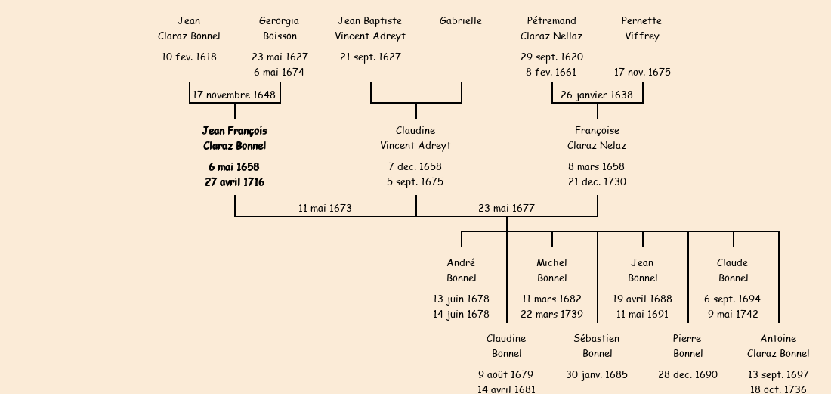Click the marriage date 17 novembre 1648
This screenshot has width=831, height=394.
pyautogui.click(x=234, y=95)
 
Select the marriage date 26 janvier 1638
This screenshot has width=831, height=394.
pyautogui.click(x=597, y=95)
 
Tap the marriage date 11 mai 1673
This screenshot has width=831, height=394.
pyautogui.click(x=325, y=208)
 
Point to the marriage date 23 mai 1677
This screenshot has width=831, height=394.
pyautogui.click(x=506, y=208)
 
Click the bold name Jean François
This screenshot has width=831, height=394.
pyautogui.click(x=234, y=131)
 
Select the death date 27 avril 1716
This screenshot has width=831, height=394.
pyautogui.click(x=234, y=181)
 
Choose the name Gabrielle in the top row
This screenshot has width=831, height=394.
pyautogui.click(x=461, y=21)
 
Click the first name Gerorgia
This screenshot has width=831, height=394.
pyautogui.click(x=279, y=21)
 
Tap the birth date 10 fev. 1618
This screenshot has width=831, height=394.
pyautogui.click(x=189, y=57)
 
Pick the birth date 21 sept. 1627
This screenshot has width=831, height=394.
pyautogui.click(x=370, y=57)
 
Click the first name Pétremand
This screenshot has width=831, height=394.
pyautogui.click(x=551, y=21)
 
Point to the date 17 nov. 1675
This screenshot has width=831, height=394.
pyautogui.click(x=642, y=73)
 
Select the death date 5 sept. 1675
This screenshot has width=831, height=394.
pyautogui.click(x=415, y=181)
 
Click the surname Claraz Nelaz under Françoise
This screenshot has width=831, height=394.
pyautogui.click(x=597, y=146)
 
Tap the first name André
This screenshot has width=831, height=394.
pyautogui.click(x=461, y=263)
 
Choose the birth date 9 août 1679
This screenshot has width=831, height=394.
pyautogui.click(x=505, y=374)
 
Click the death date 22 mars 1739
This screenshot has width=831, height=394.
pyautogui.click(x=551, y=314)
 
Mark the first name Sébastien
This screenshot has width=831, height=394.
pyautogui.click(x=596, y=339)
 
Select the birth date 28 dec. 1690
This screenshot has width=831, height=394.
pyautogui.click(x=687, y=374)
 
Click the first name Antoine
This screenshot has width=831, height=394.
pyautogui.click(x=778, y=339)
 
